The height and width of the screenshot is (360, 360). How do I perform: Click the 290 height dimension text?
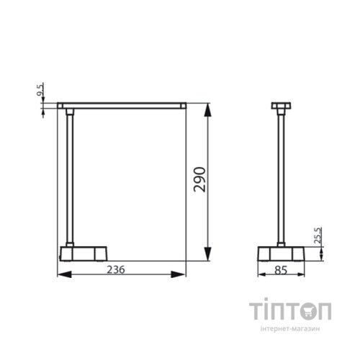coord(200,181)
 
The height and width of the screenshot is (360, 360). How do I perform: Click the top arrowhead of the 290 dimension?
coord(208,109)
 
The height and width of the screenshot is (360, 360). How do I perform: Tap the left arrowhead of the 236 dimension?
coord(60,274)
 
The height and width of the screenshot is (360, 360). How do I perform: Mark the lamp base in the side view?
coord(282,254)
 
